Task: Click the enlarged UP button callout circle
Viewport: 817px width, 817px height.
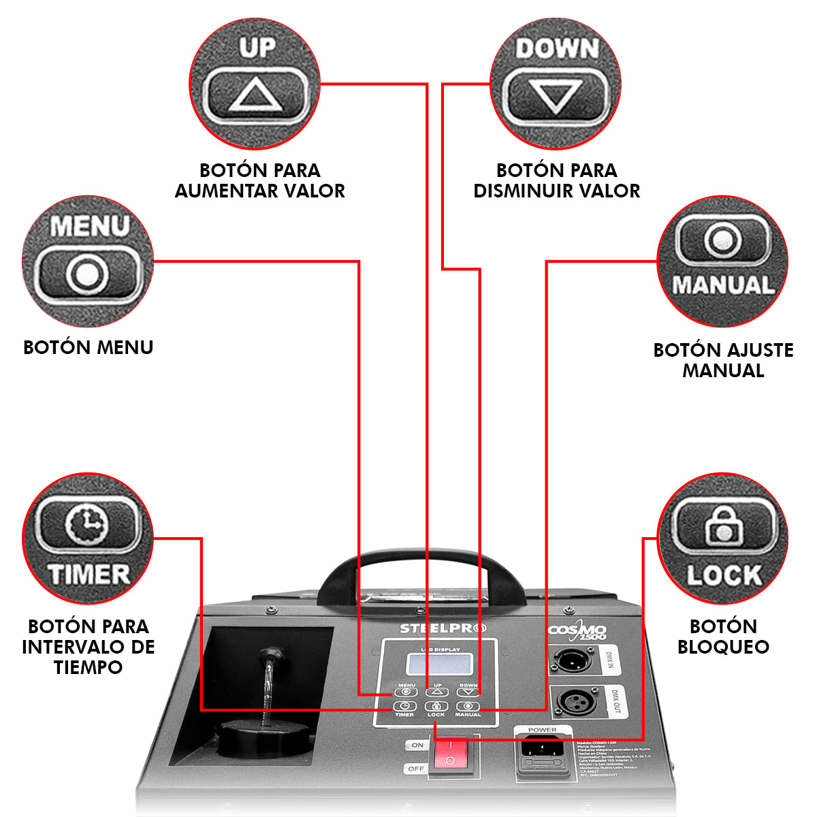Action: (x=255, y=83)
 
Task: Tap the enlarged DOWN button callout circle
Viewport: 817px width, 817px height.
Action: (x=555, y=83)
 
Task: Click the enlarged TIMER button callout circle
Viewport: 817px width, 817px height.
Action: (x=88, y=539)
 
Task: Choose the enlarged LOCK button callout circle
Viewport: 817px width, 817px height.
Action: (x=722, y=539)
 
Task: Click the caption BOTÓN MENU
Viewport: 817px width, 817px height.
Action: (x=88, y=347)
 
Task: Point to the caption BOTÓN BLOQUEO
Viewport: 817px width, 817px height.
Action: (x=723, y=636)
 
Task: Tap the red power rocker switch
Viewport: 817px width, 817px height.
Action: (x=449, y=758)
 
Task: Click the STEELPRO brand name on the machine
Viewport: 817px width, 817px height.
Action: (x=443, y=628)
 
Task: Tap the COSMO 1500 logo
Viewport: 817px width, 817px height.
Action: (x=577, y=632)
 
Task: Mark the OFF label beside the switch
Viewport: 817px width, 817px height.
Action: (x=416, y=769)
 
